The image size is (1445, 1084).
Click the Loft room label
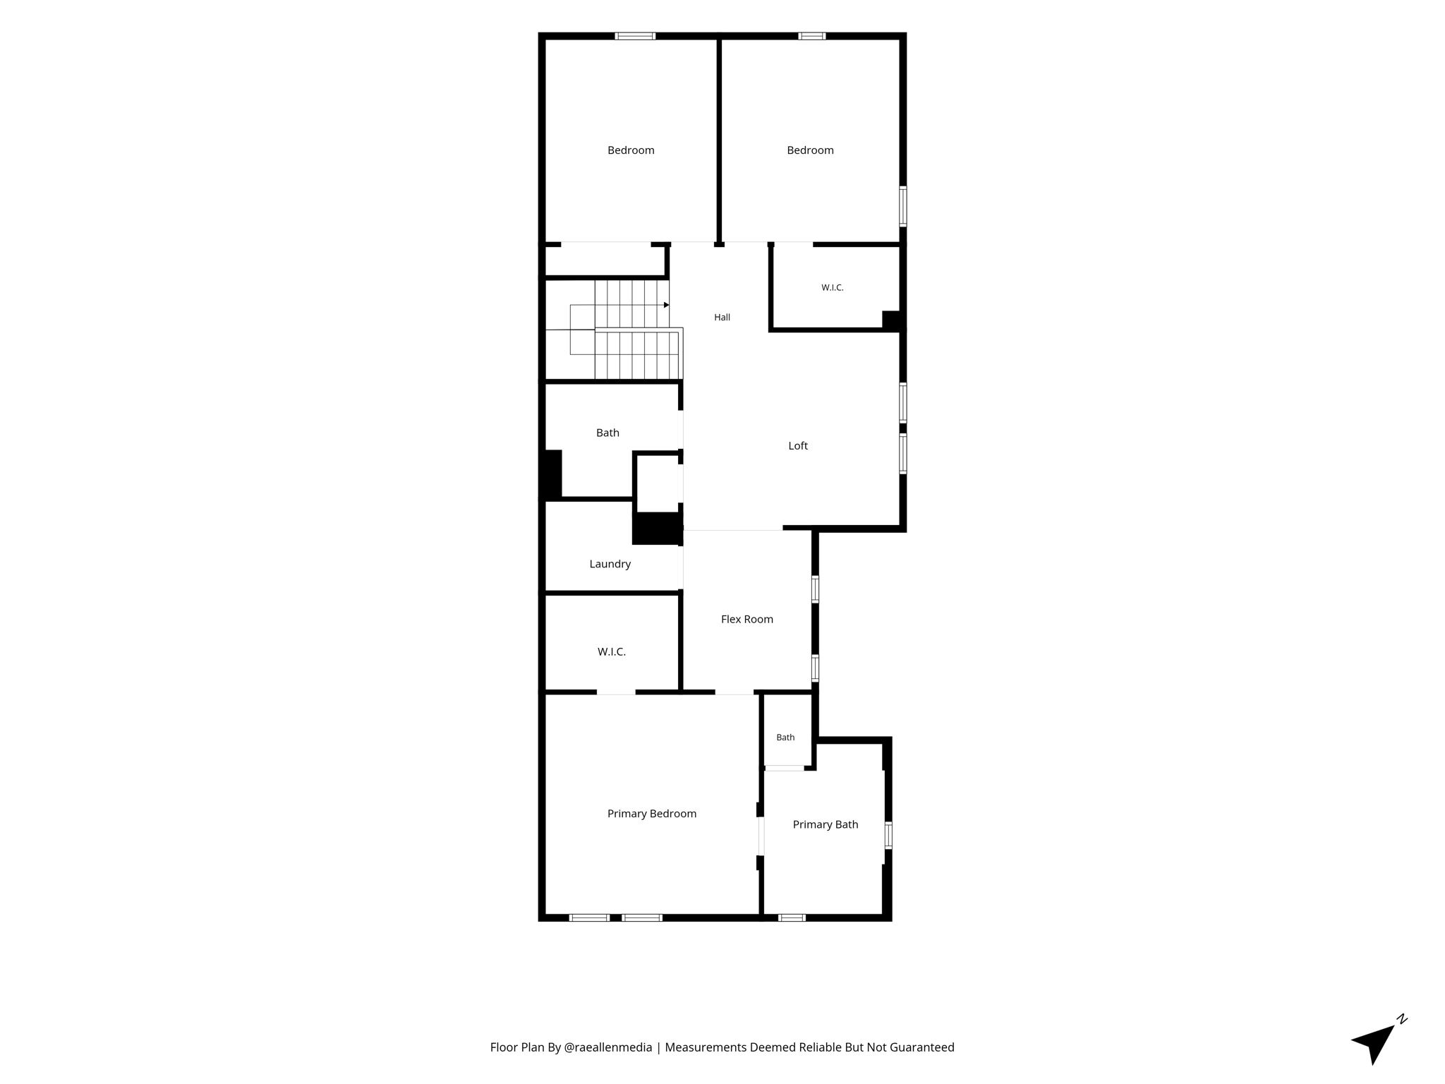pyautogui.click(x=798, y=446)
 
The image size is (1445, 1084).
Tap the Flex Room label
pyautogui.click(x=747, y=620)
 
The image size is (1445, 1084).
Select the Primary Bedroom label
pyautogui.click(x=652, y=814)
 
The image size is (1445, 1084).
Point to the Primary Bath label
pyautogui.click(x=826, y=825)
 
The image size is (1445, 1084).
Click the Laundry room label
pyautogui.click(x=610, y=565)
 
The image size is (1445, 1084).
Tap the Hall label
pyautogui.click(x=722, y=318)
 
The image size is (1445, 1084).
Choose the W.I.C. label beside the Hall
pyautogui.click(x=833, y=288)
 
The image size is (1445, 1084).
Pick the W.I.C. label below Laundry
pyautogui.click(x=612, y=652)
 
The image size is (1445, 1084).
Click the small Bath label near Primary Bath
pyautogui.click(x=785, y=737)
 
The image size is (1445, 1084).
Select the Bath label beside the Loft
pyautogui.click(x=607, y=433)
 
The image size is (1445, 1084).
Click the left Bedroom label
pyautogui.click(x=631, y=150)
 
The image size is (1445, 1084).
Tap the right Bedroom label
pyautogui.click(x=810, y=150)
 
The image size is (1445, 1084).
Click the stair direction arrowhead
pyautogui.click(x=666, y=305)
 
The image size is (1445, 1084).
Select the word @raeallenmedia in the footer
pyautogui.click(x=608, y=1047)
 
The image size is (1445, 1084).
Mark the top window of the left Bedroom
pyautogui.click(x=635, y=36)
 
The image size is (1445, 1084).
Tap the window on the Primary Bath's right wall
pyautogui.click(x=888, y=835)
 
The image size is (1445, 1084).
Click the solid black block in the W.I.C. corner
pyautogui.click(x=892, y=320)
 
